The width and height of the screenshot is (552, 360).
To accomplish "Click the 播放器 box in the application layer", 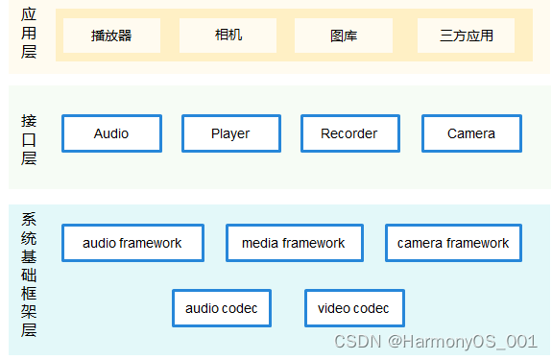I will click(x=111, y=36).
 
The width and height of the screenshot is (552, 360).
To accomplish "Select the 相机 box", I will click(x=228, y=36).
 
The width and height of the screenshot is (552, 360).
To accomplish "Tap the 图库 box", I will click(x=343, y=36).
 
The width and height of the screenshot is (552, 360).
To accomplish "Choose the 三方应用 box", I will click(x=466, y=36).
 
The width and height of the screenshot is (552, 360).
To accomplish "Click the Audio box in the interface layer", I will click(x=111, y=133).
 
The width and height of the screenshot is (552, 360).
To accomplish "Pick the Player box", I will click(x=230, y=133).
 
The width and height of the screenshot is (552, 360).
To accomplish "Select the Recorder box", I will click(x=348, y=133).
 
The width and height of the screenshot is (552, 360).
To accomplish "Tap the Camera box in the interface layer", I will click(x=470, y=133).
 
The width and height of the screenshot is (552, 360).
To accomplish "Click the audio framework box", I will click(x=132, y=243).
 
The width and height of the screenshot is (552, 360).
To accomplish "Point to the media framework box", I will click(x=293, y=243).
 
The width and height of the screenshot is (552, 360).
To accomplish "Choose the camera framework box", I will click(x=453, y=243).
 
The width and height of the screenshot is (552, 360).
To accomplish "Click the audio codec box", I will click(x=222, y=308).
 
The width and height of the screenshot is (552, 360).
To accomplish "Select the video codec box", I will click(x=353, y=308).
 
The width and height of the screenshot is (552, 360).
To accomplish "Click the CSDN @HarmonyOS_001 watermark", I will click(x=435, y=341).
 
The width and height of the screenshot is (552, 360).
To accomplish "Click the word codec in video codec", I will click(x=371, y=308).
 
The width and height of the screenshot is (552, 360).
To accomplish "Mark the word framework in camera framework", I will click(x=477, y=243).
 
